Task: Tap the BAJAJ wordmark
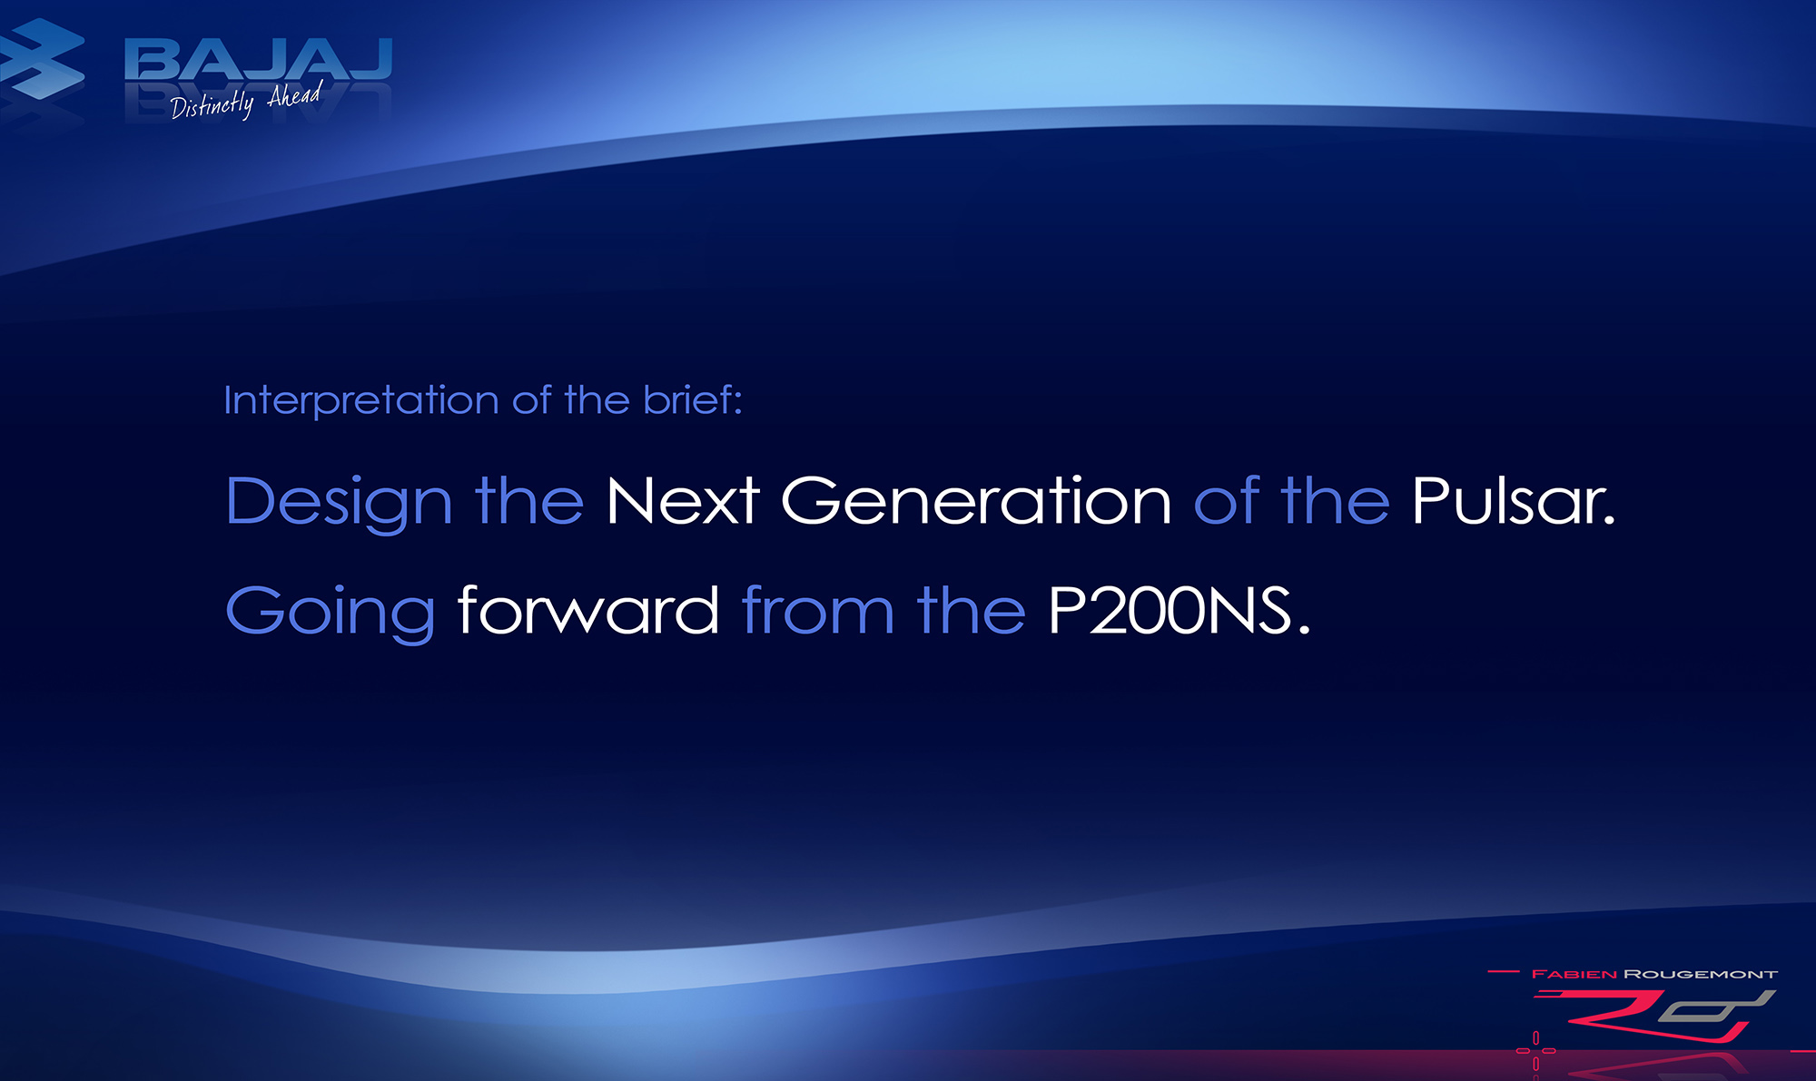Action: [259, 60]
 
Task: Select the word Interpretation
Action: [361, 400]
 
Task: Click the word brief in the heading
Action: [693, 399]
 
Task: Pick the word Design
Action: [339, 502]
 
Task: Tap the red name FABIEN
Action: [1574, 974]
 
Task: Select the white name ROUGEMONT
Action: [1701, 974]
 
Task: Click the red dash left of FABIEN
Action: [1503, 972]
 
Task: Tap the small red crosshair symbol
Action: [1536, 1050]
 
